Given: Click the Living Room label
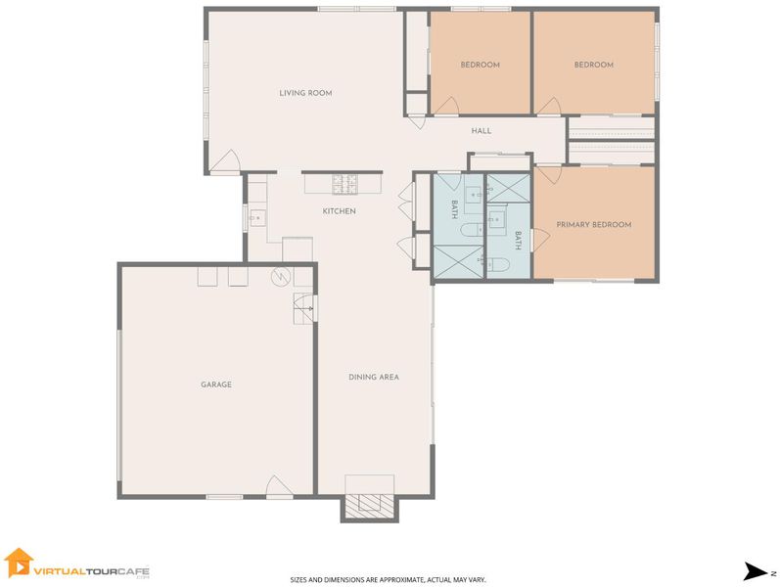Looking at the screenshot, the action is point(305,93).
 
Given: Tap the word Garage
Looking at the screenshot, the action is point(216,384).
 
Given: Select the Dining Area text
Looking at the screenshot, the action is point(374,377).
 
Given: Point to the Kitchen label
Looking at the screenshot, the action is point(340,211).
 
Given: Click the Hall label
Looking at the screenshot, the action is point(482,131).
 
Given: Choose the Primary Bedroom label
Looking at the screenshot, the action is point(594,225).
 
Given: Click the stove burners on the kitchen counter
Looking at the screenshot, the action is point(344,184).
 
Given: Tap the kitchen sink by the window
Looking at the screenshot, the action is point(257,218).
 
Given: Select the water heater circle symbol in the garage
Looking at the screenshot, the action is point(281,276).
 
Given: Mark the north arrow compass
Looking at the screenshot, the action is point(757,571).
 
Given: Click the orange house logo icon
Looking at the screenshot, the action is point(19,563).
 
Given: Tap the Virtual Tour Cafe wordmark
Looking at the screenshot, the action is point(92,572).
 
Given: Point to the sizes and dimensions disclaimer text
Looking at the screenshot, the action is point(388,579).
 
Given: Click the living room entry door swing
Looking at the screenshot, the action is point(225,161).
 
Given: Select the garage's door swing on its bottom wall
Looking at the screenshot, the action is point(280,486).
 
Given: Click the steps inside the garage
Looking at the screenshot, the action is point(303,309).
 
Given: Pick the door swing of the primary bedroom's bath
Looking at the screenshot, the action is point(542,240).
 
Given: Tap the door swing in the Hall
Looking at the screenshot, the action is point(417,122).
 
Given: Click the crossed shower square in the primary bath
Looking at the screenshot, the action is point(508,188).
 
